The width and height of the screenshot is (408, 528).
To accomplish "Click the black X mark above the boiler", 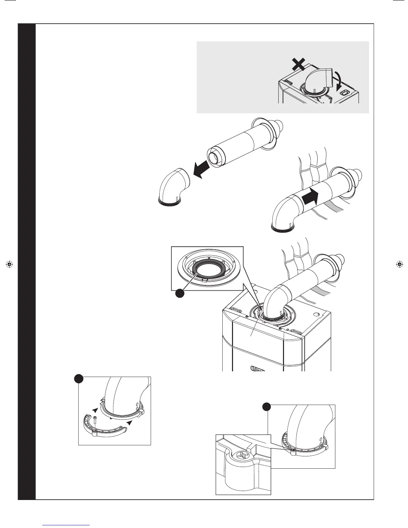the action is pyautogui.click(x=299, y=63).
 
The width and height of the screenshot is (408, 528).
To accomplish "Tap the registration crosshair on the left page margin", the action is pyautogui.click(x=9, y=265).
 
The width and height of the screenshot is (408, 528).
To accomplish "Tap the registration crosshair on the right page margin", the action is pyautogui.click(x=399, y=265).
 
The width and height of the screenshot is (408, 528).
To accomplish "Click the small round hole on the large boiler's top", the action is pyautogui.click(x=316, y=314).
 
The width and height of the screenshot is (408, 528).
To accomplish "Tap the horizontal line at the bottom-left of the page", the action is pyautogui.click(x=66, y=525).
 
